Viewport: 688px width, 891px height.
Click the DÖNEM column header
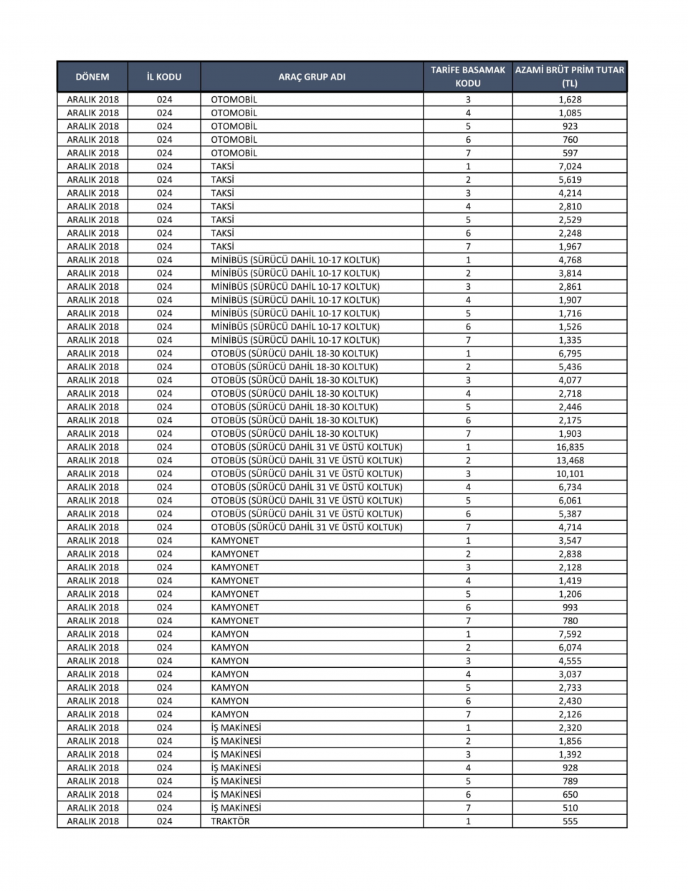click(92, 77)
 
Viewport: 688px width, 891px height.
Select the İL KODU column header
click(164, 77)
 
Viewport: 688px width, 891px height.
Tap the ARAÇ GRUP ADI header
click(312, 77)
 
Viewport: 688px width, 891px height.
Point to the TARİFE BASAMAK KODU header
click(468, 77)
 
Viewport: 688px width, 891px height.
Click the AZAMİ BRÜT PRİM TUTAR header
click(570, 77)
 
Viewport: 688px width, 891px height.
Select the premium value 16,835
click(570, 447)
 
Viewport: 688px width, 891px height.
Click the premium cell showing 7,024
click(570, 166)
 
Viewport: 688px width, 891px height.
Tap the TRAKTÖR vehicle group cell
click(230, 821)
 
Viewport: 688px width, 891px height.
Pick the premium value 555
click(570, 821)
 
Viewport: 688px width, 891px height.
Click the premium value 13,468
click(570, 461)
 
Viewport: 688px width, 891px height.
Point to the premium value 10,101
click(570, 473)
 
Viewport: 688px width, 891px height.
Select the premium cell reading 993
click(570, 608)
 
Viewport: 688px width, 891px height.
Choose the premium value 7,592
click(570, 634)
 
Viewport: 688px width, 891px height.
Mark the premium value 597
click(570, 153)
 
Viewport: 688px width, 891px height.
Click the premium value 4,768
click(570, 260)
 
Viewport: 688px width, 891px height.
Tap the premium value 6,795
click(570, 354)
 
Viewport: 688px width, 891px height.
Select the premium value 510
click(570, 808)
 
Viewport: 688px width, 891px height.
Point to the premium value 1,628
click(570, 100)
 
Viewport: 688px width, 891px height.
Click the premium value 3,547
click(570, 541)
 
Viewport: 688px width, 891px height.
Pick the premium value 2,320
click(570, 727)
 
